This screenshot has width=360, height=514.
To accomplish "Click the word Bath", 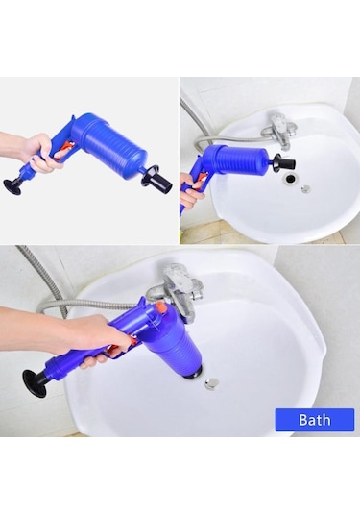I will coord(314,420).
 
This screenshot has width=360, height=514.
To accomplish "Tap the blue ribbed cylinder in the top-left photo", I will coord(113,144).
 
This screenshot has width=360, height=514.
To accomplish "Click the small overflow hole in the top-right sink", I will coord(305,189).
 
